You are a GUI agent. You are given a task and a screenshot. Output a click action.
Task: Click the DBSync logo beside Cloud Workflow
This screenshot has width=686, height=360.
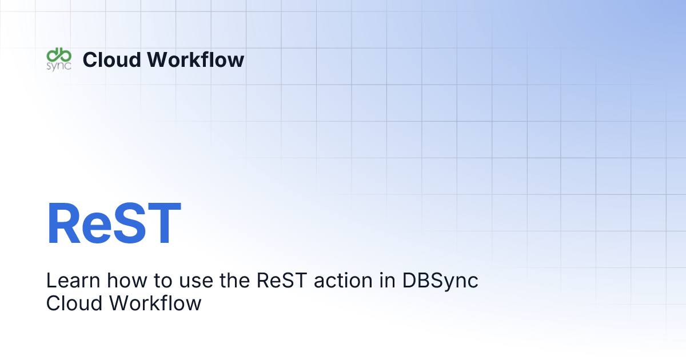[x=58, y=59]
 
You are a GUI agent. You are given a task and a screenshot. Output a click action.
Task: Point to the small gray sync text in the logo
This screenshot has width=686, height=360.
[x=58, y=66]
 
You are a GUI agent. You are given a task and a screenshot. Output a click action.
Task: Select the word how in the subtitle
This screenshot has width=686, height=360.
[x=118, y=281]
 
